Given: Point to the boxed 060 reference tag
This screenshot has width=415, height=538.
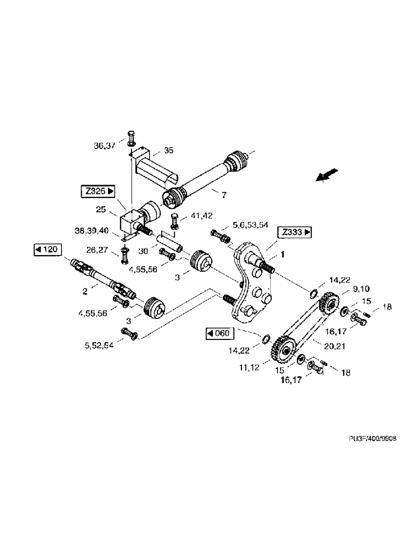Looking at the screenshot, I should click(x=218, y=334).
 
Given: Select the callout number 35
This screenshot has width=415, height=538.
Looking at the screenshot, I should click(x=168, y=151).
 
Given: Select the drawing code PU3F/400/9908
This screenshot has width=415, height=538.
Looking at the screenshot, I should click(x=372, y=439).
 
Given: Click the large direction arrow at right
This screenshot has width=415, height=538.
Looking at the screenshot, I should click(x=326, y=176).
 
